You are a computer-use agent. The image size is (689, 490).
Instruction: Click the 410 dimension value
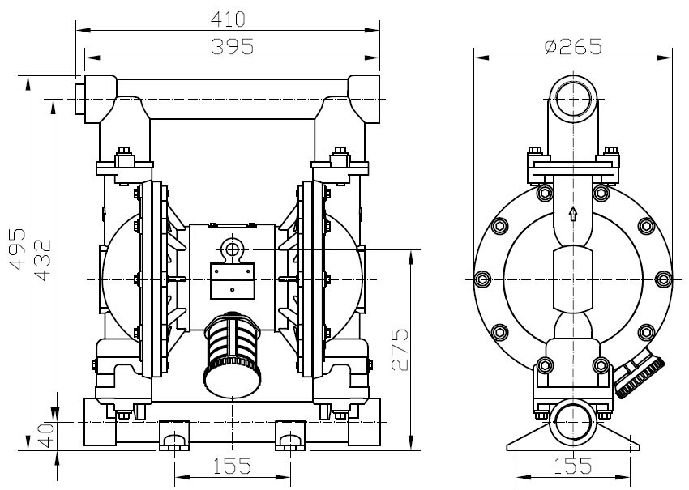[228, 19]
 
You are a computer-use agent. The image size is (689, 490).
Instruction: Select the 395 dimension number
[233, 46]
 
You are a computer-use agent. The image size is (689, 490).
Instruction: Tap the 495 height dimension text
[18, 249]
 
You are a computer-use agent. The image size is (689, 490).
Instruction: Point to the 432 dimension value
[43, 260]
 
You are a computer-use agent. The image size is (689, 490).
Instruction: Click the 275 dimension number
[400, 349]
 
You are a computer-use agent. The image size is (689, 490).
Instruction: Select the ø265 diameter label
[572, 46]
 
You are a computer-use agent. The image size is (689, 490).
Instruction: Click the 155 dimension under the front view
[232, 466]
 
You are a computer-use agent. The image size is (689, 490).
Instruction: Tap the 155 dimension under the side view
[572, 466]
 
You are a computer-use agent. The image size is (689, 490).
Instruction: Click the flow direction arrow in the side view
[573, 213]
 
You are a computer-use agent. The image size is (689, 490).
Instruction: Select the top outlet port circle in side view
[573, 99]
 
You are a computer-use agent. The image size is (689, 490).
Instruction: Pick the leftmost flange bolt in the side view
[483, 279]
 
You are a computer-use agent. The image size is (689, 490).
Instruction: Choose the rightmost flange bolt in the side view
[663, 279]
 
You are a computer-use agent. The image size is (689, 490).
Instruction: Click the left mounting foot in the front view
[174, 435]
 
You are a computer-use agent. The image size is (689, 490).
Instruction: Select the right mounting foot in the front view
[290, 435]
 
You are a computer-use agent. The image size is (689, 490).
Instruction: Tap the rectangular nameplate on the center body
[233, 281]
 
